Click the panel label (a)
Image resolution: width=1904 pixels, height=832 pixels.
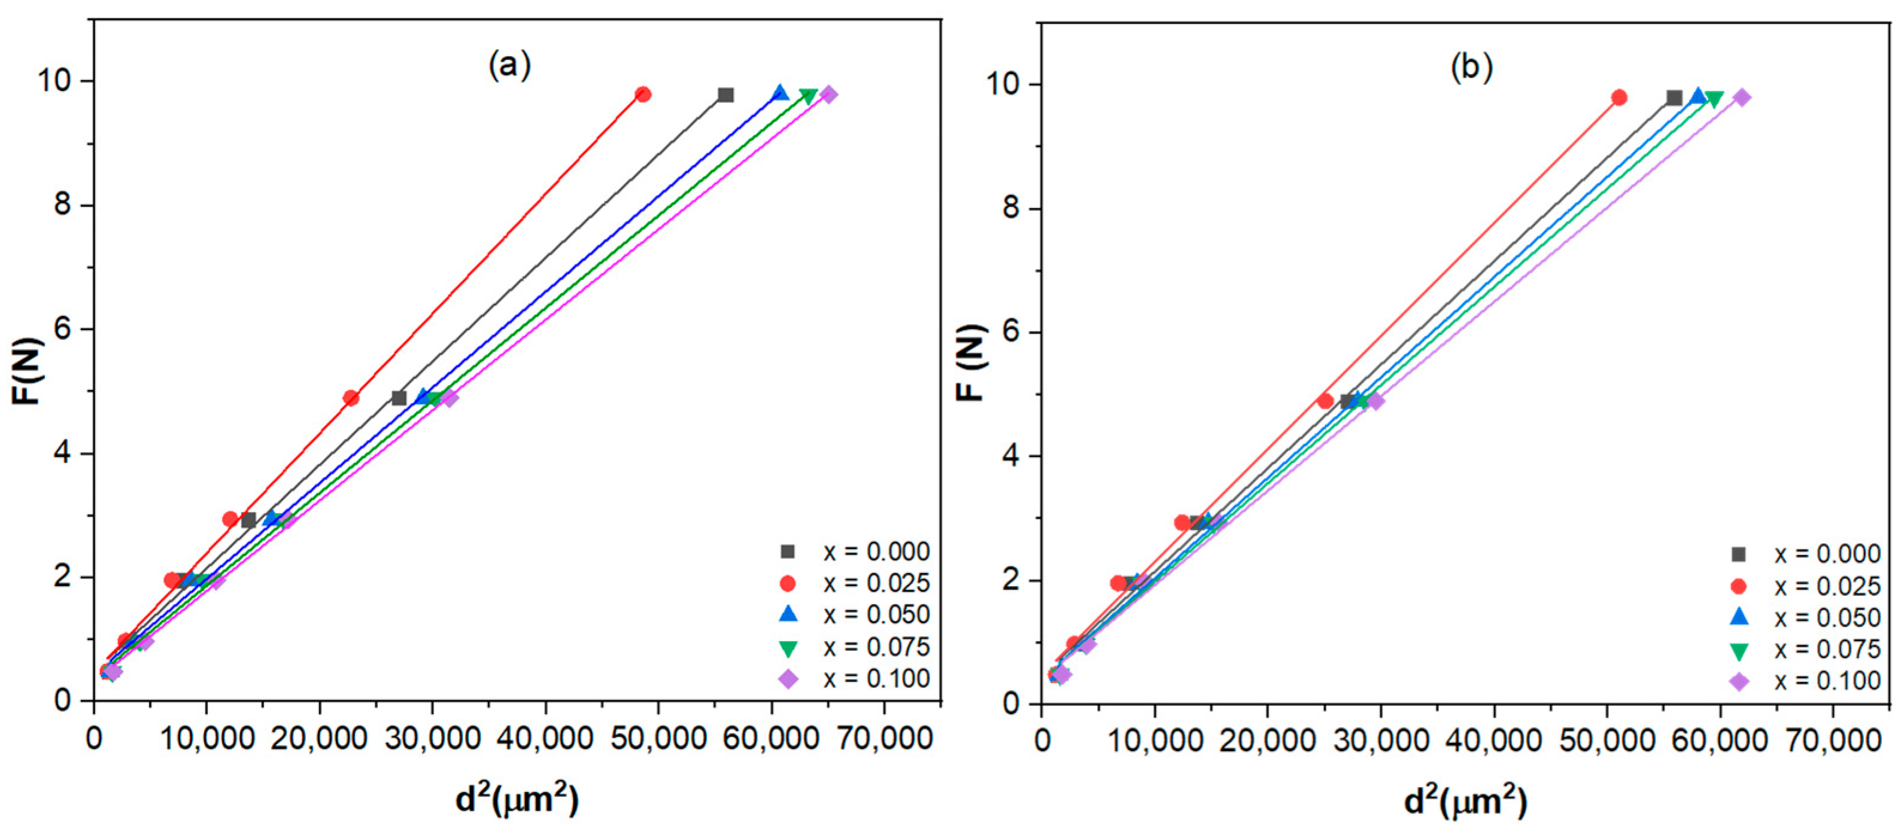click(509, 66)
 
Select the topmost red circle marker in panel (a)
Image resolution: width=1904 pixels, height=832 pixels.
click(643, 95)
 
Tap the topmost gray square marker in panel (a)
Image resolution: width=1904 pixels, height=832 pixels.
click(726, 95)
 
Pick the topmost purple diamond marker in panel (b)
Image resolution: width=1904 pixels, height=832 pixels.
click(1742, 97)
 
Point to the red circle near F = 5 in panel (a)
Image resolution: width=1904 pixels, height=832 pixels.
click(351, 398)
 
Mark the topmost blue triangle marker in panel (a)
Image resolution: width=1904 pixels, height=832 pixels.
click(780, 94)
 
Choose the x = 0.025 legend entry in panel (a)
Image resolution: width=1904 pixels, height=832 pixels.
click(854, 584)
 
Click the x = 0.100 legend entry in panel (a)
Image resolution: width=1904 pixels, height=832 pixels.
click(854, 679)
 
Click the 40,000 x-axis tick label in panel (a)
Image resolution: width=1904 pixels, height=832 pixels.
click(545, 739)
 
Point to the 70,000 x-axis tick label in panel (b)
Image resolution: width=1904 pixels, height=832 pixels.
click(1832, 741)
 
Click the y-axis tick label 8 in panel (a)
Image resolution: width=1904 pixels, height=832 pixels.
click(63, 205)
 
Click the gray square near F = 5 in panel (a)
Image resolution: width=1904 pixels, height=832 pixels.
click(399, 398)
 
